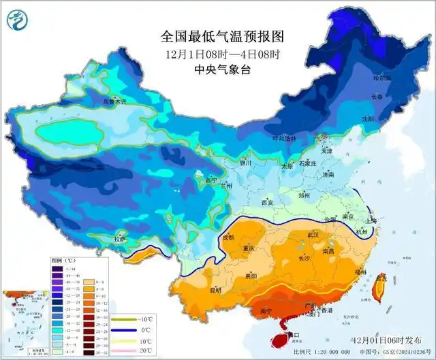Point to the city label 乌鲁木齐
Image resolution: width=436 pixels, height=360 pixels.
(115, 101)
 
